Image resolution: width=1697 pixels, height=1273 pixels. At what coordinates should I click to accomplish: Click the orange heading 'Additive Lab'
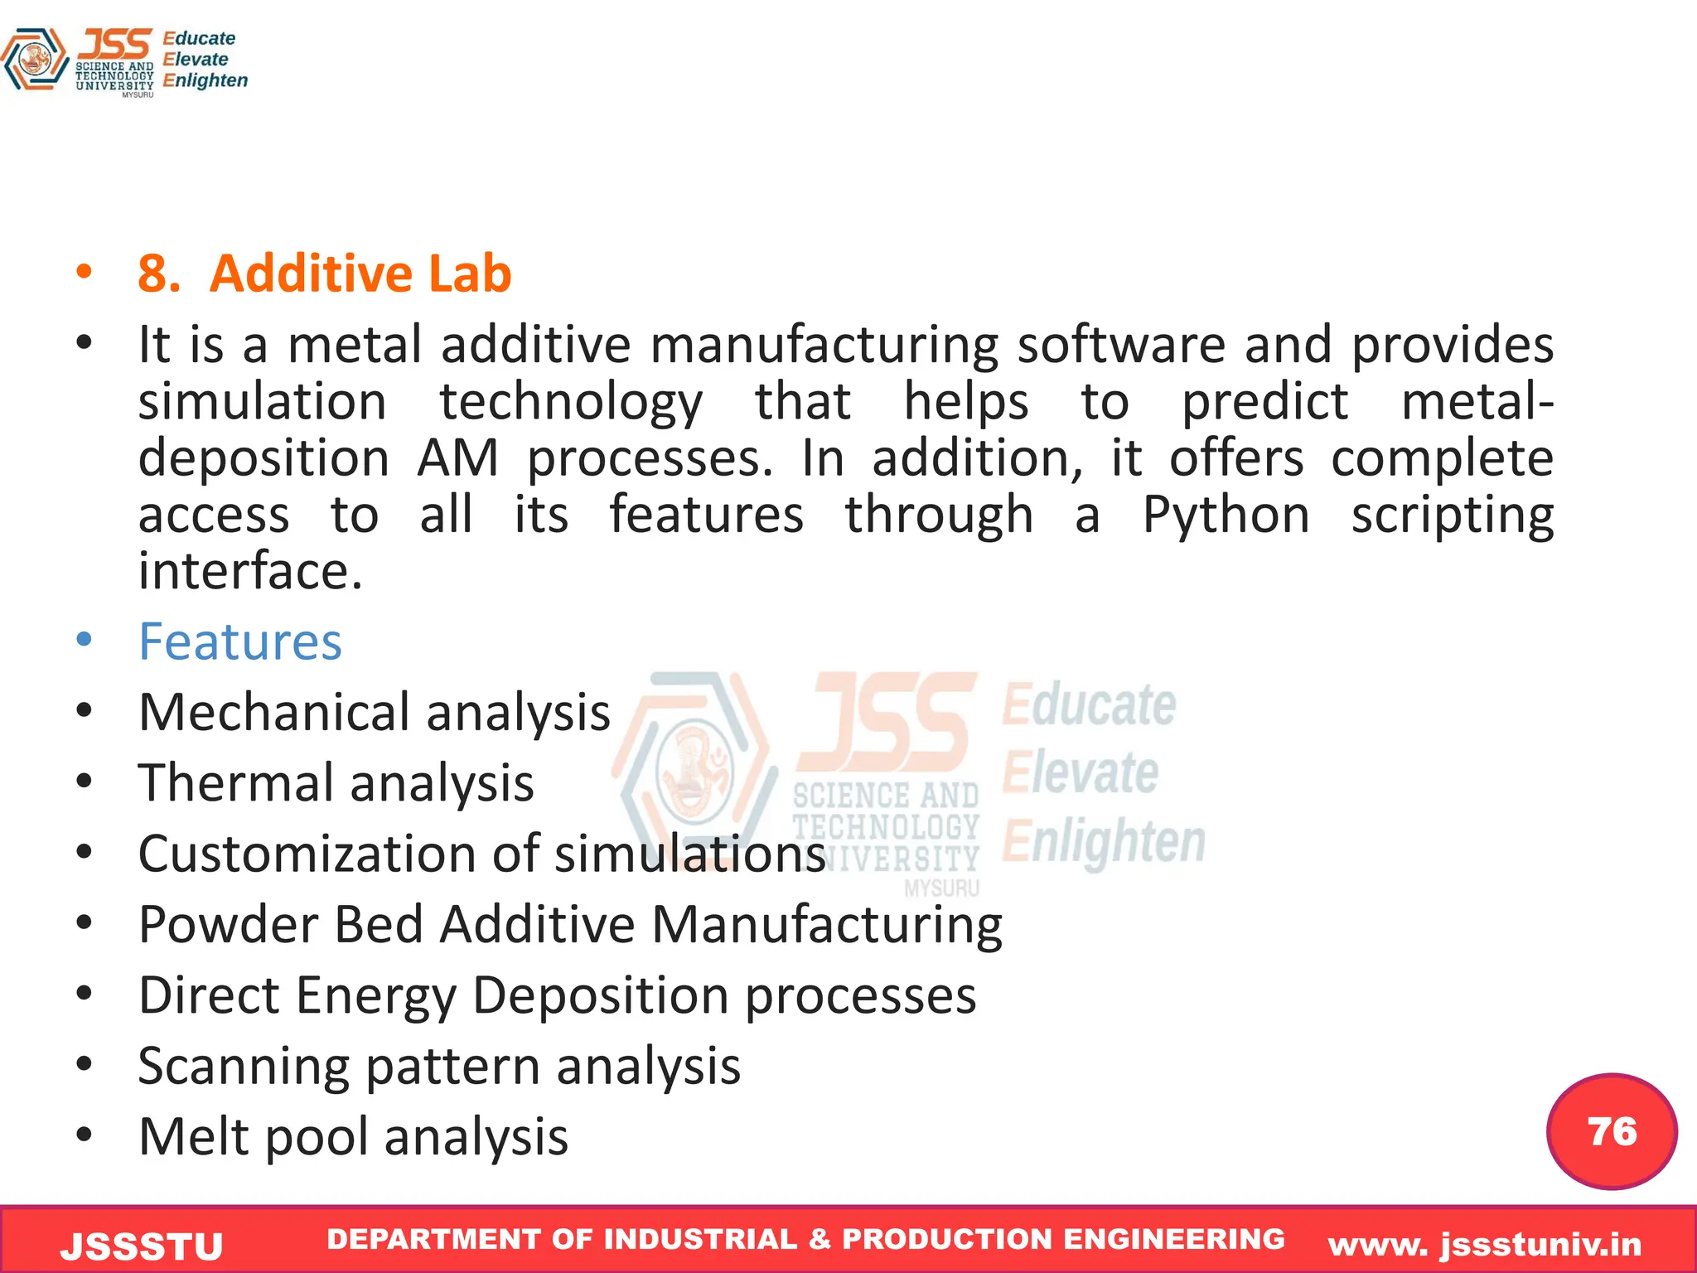click(360, 273)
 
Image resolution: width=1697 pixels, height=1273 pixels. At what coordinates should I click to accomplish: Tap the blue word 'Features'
click(239, 641)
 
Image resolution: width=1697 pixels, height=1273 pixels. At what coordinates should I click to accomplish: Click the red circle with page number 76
click(1612, 1131)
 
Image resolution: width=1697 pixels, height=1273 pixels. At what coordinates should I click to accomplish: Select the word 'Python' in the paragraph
click(1226, 515)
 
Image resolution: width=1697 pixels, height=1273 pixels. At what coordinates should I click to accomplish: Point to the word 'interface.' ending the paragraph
click(250, 572)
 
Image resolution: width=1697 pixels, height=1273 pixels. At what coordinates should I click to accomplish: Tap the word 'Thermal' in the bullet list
click(235, 783)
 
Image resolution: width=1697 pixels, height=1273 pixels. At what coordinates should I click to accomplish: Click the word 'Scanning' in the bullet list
click(244, 1067)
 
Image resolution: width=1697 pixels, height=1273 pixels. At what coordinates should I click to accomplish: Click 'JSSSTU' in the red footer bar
click(142, 1246)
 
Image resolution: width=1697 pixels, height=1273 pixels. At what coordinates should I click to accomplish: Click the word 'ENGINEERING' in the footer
click(1173, 1239)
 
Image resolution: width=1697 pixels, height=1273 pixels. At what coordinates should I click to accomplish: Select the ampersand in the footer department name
click(819, 1239)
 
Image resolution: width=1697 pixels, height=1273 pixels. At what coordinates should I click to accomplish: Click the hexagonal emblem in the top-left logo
click(34, 59)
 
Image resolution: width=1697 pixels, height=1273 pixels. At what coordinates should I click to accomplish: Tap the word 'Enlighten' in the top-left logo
click(205, 80)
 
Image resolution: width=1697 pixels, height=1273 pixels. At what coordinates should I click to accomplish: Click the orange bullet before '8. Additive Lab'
click(84, 272)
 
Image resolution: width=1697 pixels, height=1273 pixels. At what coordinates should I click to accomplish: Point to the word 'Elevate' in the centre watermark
click(1080, 772)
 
